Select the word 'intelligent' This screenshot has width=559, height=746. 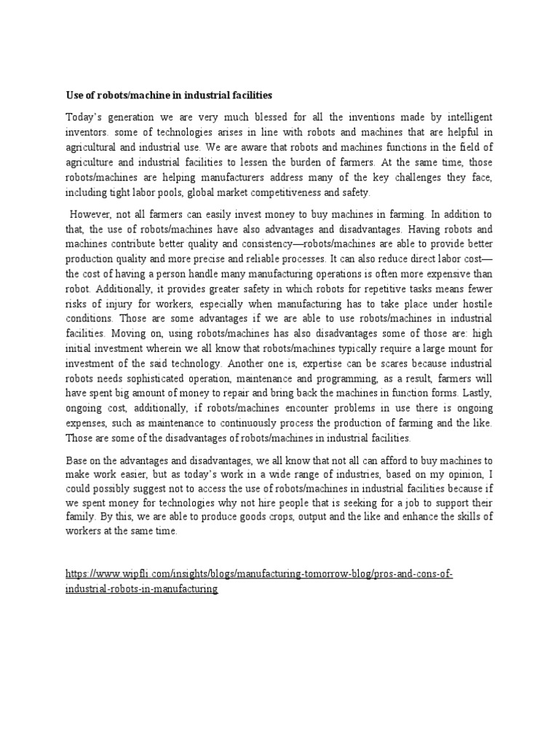click(467, 117)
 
